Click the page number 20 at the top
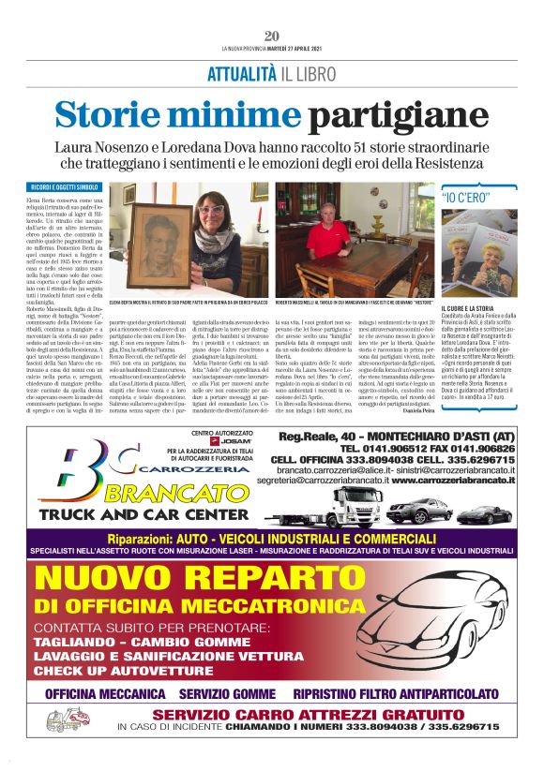coord(271,35)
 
